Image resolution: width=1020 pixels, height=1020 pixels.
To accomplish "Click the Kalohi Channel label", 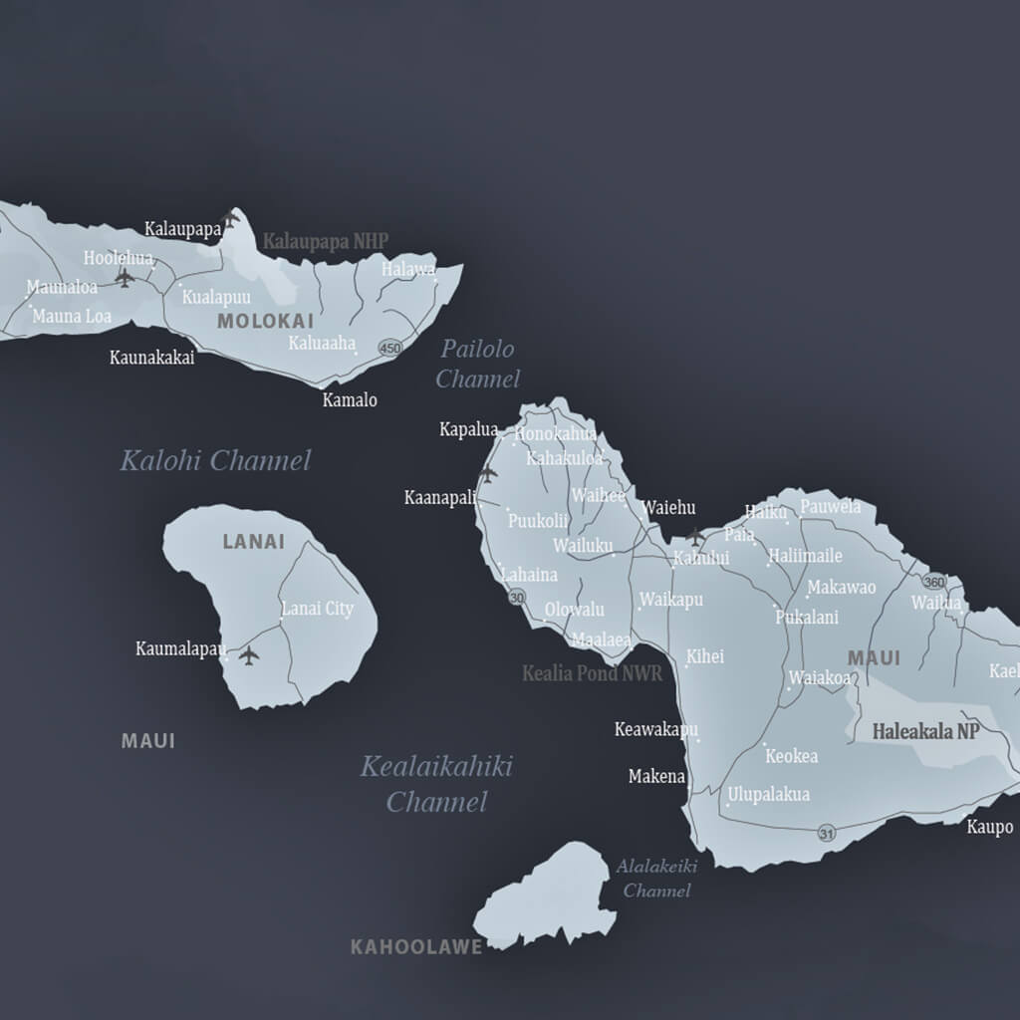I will (x=215, y=460).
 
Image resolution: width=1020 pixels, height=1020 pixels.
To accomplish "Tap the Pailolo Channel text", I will (x=477, y=364).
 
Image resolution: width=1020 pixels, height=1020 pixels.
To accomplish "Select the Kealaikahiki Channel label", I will (x=436, y=784).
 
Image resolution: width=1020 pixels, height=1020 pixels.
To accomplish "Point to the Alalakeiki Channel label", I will (x=656, y=878).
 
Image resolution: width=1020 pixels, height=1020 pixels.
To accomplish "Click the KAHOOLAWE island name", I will (x=415, y=947).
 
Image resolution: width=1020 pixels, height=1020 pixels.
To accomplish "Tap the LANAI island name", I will (x=253, y=542).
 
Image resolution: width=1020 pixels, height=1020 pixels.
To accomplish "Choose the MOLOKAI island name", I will (x=265, y=321).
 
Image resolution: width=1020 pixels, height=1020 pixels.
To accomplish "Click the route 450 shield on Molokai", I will (x=389, y=348).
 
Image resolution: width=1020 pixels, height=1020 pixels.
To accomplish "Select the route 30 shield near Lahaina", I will (x=516, y=598).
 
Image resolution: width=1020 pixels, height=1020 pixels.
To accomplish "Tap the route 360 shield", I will (x=933, y=582).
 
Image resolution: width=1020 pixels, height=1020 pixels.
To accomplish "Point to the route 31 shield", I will (x=827, y=833).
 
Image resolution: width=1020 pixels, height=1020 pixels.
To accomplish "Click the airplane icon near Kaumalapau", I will (x=248, y=655).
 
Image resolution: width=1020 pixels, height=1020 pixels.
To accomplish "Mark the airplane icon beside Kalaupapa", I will (x=231, y=218).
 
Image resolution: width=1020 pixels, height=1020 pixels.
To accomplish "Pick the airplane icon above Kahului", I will (x=694, y=537).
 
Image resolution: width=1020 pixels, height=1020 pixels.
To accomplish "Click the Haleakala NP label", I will (x=925, y=731).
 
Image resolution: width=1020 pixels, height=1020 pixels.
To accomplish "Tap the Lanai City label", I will (x=317, y=609).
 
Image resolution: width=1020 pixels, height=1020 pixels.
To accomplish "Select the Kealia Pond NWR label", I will (x=592, y=674).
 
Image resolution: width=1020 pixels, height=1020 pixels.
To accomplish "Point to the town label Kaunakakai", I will (x=151, y=358).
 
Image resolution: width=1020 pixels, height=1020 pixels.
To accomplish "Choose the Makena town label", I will (x=656, y=776).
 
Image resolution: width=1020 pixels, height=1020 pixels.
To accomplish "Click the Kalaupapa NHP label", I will (x=325, y=241).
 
